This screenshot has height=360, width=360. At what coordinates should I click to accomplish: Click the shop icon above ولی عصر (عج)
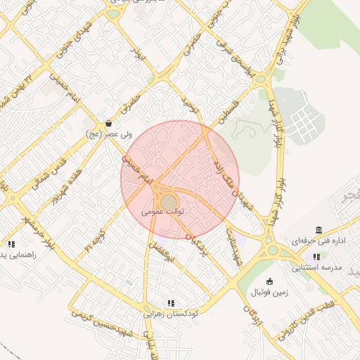[108, 123]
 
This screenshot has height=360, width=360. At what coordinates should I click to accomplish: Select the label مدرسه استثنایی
[316, 268]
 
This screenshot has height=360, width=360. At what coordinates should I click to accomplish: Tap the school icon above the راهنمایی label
[11, 244]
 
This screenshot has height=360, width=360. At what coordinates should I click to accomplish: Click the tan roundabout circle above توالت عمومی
[169, 202]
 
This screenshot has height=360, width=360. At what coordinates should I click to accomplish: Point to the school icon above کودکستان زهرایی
[171, 303]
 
